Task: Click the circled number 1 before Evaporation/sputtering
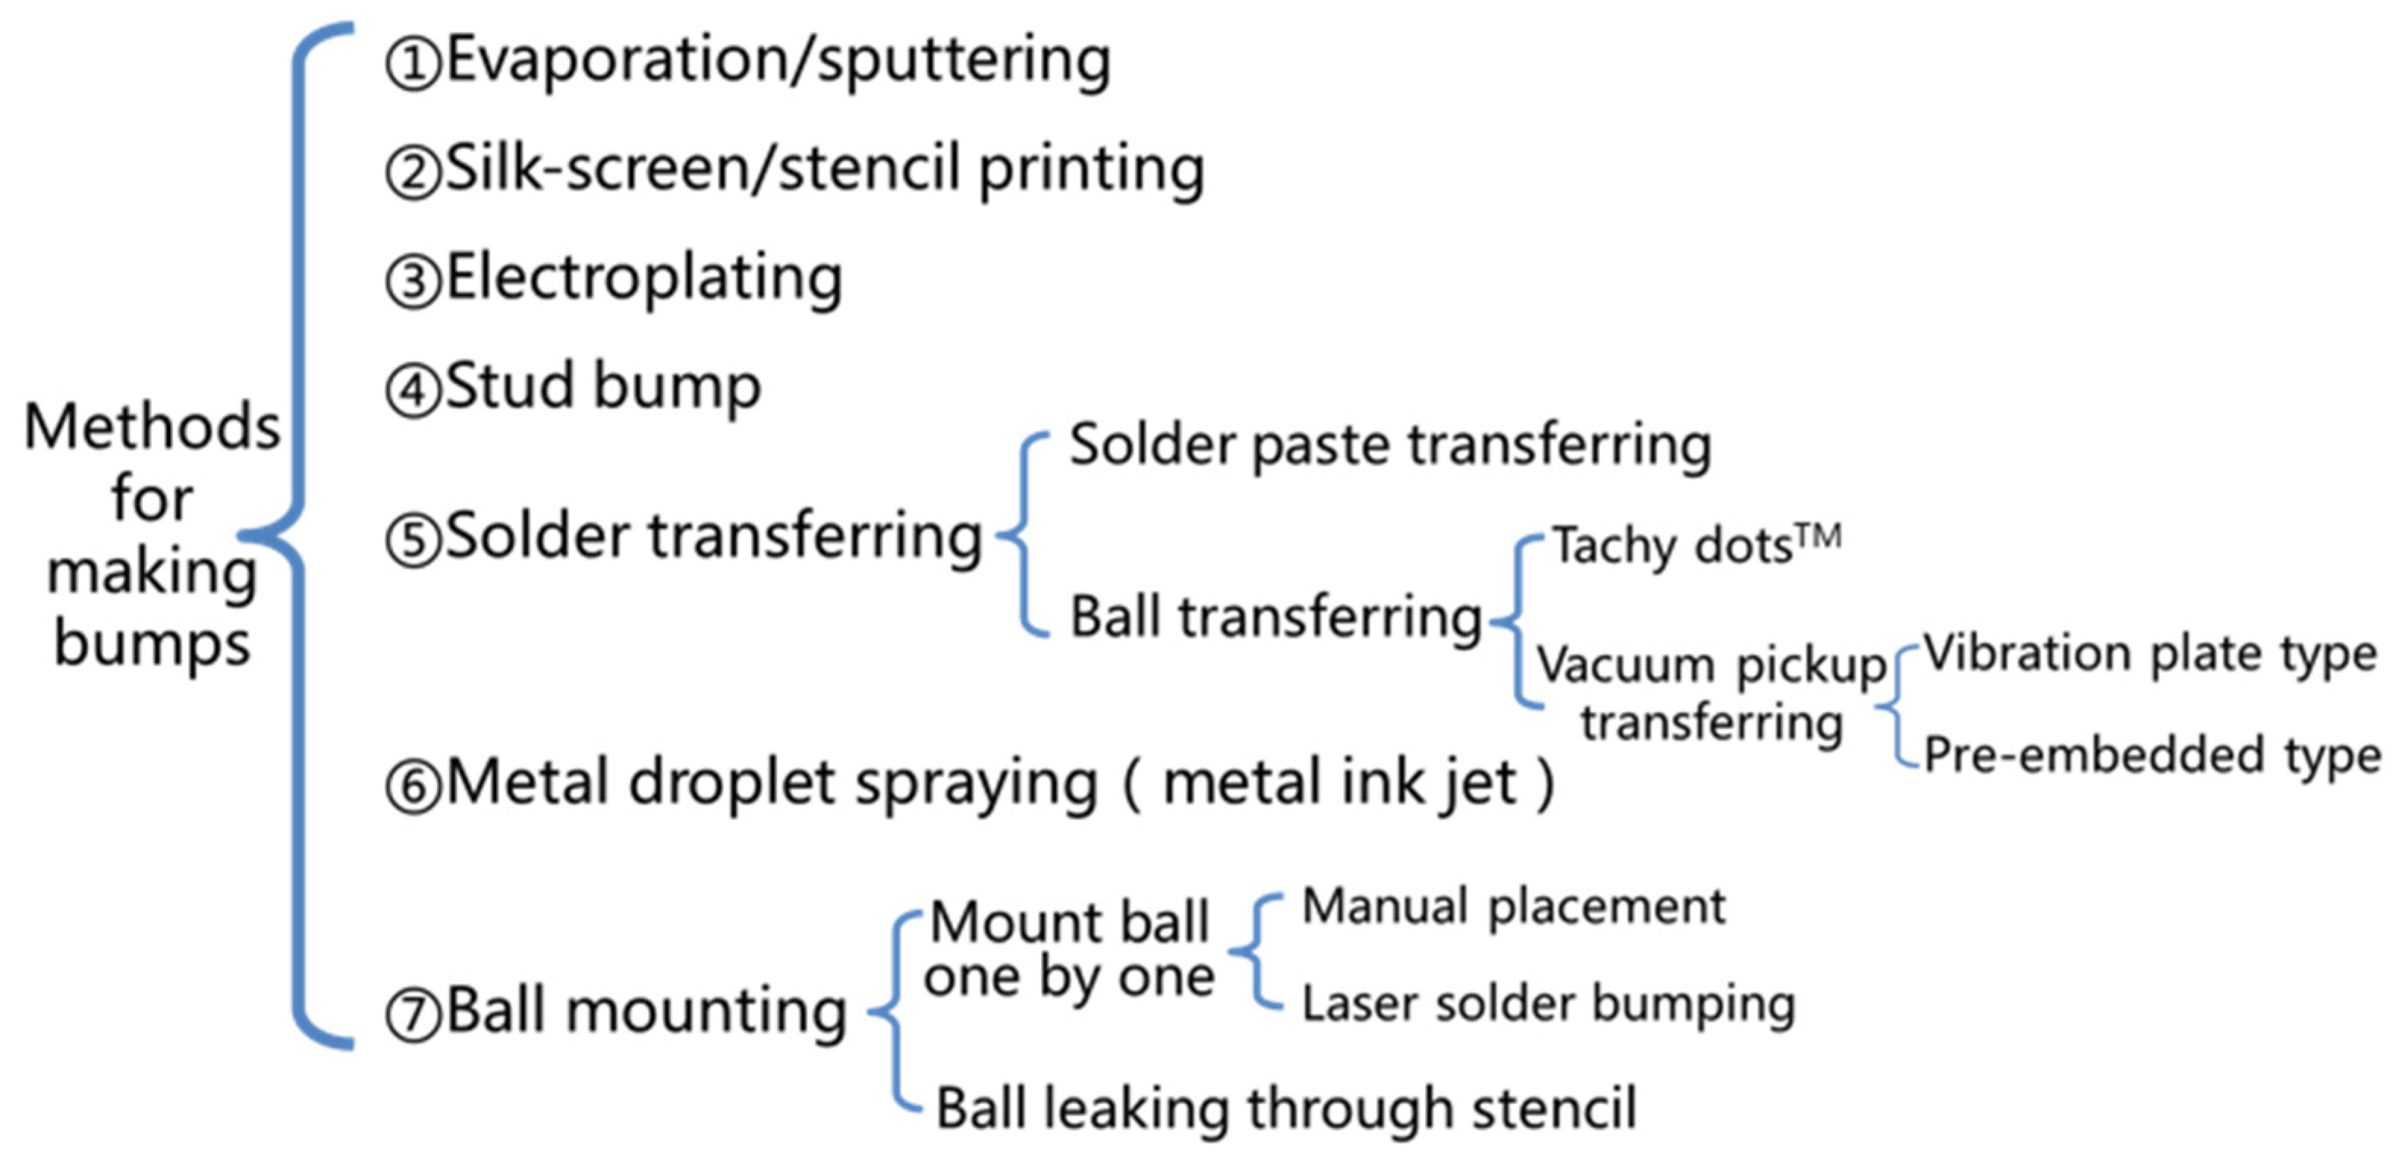412,64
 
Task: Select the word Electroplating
643,278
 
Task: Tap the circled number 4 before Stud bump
412,391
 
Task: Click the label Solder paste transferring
1390,445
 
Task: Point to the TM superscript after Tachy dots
1819,537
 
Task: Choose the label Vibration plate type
2149,654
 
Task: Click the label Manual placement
1514,907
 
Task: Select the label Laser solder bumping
1548,1005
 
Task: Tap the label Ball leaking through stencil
1285,1109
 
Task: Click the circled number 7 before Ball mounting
412,1014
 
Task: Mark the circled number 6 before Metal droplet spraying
412,787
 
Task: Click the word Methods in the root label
152,427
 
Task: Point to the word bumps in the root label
152,643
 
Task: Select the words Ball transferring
1275,618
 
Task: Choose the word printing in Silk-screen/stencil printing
1091,170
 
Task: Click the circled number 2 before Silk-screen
412,174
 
